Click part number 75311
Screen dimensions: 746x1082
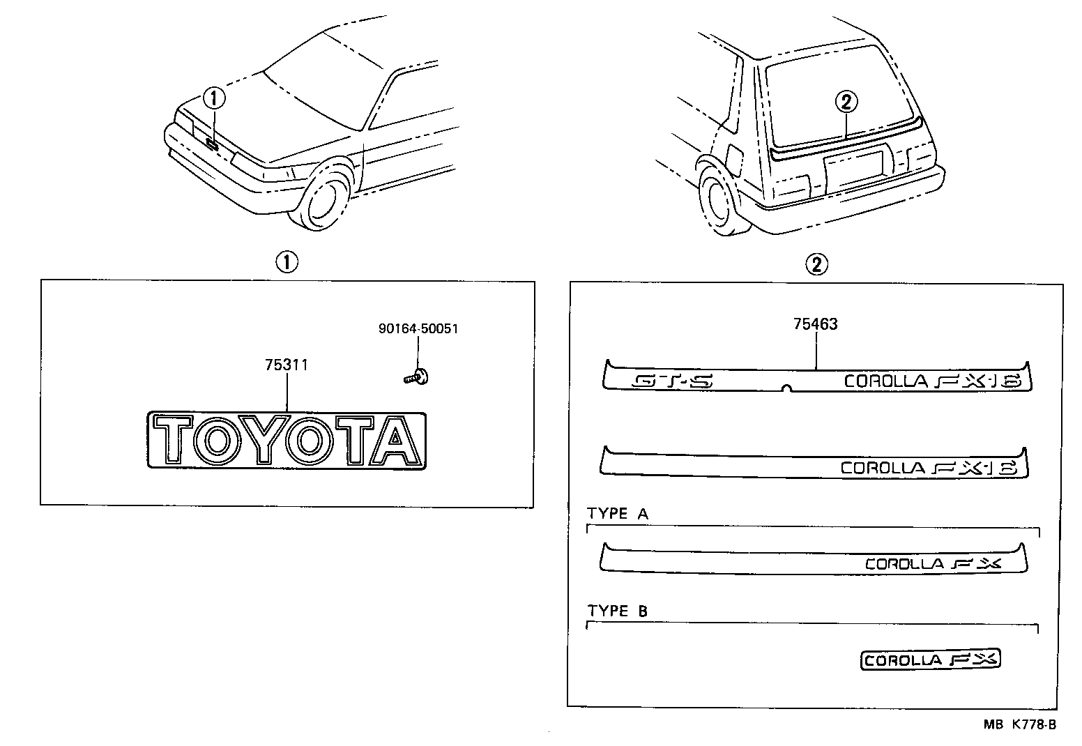(x=287, y=365)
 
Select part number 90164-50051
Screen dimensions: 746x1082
(x=418, y=328)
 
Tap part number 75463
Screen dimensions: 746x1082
(x=815, y=323)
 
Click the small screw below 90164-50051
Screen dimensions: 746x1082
(x=416, y=377)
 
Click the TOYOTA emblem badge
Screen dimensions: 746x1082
(x=287, y=439)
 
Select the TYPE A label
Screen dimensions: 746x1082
(x=618, y=514)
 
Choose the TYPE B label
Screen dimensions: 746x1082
(x=618, y=611)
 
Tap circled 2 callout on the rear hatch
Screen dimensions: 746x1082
(x=846, y=102)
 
